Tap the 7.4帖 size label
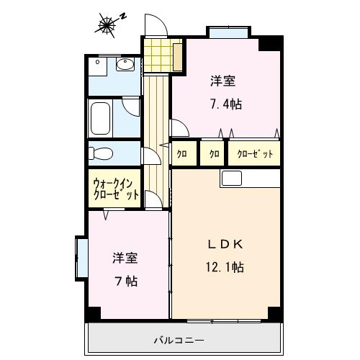coord(225,104)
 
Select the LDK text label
coord(225,242)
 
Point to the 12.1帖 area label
coord(225,267)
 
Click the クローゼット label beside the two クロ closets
coord(253,153)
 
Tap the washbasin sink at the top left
coord(125,67)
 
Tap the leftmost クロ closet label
coord(183,153)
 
